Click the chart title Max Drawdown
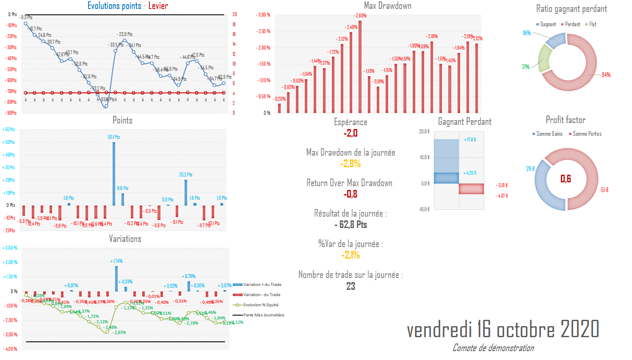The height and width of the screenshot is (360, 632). point(387,5)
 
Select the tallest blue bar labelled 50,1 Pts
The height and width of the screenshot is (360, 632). point(114,173)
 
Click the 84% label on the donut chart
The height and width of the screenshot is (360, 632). point(606,75)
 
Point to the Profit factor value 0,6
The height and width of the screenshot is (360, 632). point(566,179)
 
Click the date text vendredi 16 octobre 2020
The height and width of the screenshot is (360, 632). point(503,330)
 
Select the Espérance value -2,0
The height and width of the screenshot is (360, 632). point(350,133)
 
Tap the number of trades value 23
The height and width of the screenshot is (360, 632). point(350,286)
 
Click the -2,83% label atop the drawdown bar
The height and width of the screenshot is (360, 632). point(360,16)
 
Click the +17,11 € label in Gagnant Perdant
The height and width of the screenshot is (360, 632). point(470,140)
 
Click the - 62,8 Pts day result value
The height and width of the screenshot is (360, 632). point(350,225)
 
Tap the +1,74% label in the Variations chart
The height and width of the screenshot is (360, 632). point(116,261)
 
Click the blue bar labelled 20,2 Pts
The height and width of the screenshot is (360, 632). point(186,192)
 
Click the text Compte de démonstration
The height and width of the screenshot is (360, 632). point(493,348)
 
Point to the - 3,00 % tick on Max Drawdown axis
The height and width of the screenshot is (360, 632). point(263,15)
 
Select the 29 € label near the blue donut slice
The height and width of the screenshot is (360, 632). point(530,169)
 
